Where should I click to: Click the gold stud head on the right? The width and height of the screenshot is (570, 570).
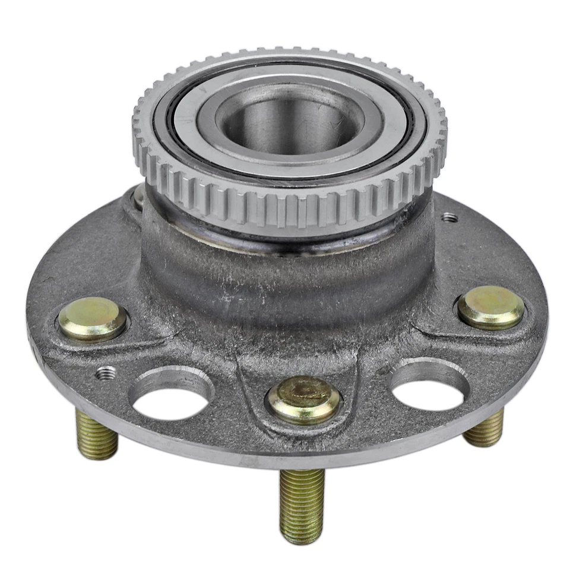coord(491,307)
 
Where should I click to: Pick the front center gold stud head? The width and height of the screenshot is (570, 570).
coord(303,398)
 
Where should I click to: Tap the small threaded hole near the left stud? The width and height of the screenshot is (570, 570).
coord(106,373)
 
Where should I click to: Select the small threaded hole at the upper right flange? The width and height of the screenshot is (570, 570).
coord(450,218)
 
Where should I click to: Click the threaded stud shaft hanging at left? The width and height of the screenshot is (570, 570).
coord(96,436)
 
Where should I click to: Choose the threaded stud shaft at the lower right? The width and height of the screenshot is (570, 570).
coord(484,429)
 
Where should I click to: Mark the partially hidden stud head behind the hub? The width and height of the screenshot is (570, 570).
coord(138,197)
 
